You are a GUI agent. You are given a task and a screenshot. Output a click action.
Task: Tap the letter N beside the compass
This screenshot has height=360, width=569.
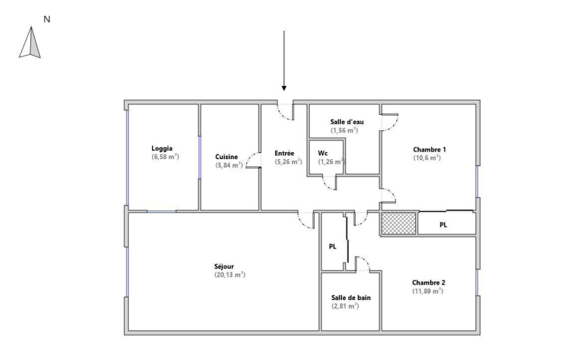47,19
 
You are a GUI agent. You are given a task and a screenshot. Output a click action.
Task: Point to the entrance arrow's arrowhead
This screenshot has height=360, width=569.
284,88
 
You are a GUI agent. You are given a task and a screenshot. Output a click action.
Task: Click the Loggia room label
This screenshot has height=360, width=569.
162,149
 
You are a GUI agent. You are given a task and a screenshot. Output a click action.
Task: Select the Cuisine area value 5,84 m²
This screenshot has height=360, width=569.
229,165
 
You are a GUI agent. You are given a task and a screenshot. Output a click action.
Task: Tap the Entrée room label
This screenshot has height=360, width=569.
284,153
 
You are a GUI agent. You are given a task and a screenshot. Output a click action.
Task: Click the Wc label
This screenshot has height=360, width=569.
323,153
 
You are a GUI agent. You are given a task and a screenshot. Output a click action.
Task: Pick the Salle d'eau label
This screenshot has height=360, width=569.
347,122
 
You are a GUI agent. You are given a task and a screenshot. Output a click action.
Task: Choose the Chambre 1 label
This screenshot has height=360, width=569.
429,150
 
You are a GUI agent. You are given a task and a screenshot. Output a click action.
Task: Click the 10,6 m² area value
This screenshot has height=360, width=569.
427,158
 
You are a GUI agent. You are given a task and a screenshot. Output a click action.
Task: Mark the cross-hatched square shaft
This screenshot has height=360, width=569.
398,223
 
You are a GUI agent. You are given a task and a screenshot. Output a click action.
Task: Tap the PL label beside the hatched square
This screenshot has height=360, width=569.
443,225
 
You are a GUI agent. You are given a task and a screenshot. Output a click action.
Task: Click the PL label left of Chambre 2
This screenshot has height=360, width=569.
332,246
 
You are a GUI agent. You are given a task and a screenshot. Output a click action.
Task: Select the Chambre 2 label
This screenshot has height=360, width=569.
428,283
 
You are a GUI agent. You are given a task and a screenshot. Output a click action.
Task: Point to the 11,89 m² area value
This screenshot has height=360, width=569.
427,291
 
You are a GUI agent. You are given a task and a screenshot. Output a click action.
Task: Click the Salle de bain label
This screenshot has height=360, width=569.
351,297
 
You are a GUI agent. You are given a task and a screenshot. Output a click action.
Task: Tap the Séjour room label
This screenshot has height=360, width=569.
224,267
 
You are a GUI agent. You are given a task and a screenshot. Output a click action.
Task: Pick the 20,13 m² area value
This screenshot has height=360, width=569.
230,275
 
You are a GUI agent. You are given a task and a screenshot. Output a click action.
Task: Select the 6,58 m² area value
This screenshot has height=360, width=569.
165,157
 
